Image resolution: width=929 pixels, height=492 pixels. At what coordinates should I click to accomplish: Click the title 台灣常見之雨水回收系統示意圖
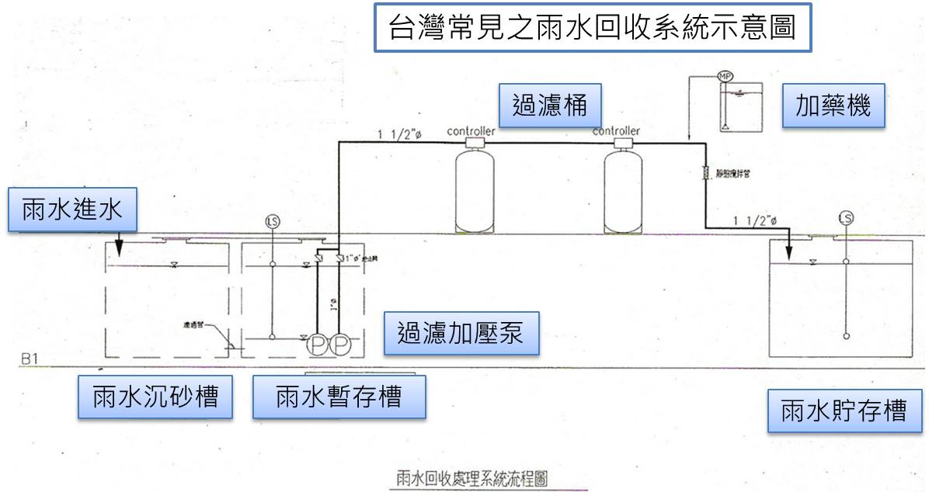tap(593, 29)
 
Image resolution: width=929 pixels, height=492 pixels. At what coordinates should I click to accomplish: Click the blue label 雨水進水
tap(71, 210)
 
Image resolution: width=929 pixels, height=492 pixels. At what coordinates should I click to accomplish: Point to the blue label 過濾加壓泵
tap(461, 333)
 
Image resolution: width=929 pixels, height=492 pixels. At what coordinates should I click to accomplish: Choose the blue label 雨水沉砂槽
tap(155, 397)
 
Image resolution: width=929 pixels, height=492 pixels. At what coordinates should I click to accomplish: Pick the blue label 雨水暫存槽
tap(339, 397)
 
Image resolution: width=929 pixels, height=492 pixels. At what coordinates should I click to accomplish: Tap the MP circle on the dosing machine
tap(725, 77)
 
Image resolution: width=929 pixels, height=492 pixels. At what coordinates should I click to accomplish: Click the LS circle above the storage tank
tap(846, 218)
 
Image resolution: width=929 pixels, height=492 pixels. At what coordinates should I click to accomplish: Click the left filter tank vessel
tap(475, 190)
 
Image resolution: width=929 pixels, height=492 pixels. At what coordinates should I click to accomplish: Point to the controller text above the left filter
tap(471, 131)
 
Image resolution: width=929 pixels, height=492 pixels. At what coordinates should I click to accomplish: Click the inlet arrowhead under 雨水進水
tap(120, 250)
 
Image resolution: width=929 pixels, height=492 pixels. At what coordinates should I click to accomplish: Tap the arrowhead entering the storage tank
tap(788, 254)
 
